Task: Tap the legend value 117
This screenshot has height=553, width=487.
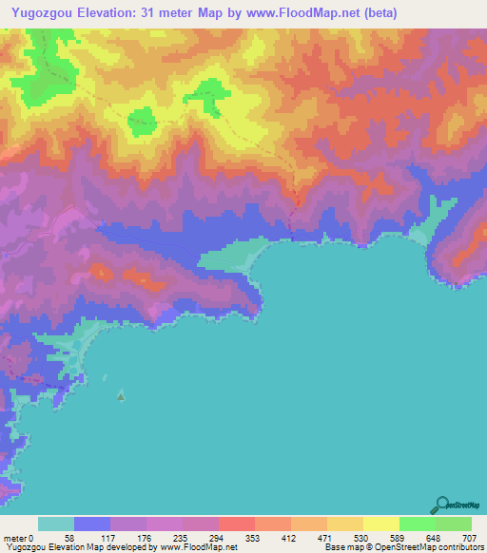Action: (x=110, y=537)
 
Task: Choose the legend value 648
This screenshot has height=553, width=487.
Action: (x=435, y=537)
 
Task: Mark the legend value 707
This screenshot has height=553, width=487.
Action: (x=471, y=537)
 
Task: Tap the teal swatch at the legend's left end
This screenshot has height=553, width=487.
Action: (x=56, y=524)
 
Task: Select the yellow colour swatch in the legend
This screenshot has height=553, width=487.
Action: (x=380, y=524)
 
